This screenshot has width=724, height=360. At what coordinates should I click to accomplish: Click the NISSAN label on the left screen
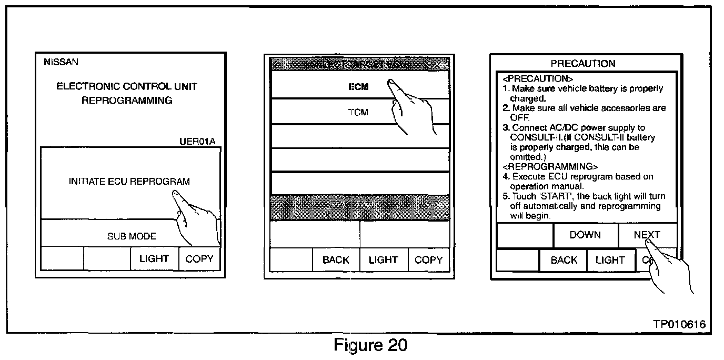pyautogui.click(x=61, y=62)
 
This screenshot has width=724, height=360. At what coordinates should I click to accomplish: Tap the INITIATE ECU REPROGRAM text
pyautogui.click(x=129, y=182)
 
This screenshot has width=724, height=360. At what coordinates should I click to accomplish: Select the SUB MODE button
pyautogui.click(x=132, y=236)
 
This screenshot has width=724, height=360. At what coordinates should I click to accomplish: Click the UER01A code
pyautogui.click(x=197, y=142)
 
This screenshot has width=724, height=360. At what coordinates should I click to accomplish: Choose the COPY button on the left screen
pyautogui.click(x=199, y=259)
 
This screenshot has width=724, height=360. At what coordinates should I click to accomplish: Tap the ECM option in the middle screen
pyautogui.click(x=358, y=87)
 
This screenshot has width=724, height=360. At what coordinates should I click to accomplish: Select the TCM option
pyautogui.click(x=358, y=112)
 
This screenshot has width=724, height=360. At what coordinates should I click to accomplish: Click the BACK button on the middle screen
pyautogui.click(x=336, y=260)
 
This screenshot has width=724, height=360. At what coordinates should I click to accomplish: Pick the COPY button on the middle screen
pyautogui.click(x=429, y=260)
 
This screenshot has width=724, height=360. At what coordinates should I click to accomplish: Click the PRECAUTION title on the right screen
pyautogui.click(x=582, y=64)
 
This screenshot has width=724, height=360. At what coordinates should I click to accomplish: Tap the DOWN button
pyautogui.click(x=585, y=235)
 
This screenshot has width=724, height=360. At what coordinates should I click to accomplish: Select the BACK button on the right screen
pyautogui.click(x=564, y=261)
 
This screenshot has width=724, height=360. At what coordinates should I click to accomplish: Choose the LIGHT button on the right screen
pyautogui.click(x=610, y=261)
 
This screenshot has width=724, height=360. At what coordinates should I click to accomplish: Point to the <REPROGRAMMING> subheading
pyautogui.click(x=542, y=167)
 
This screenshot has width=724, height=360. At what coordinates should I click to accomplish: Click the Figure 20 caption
pyautogui.click(x=370, y=345)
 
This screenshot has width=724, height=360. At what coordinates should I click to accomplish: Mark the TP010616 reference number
pyautogui.click(x=679, y=324)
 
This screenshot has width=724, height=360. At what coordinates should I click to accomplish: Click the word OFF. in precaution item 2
pyautogui.click(x=519, y=118)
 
